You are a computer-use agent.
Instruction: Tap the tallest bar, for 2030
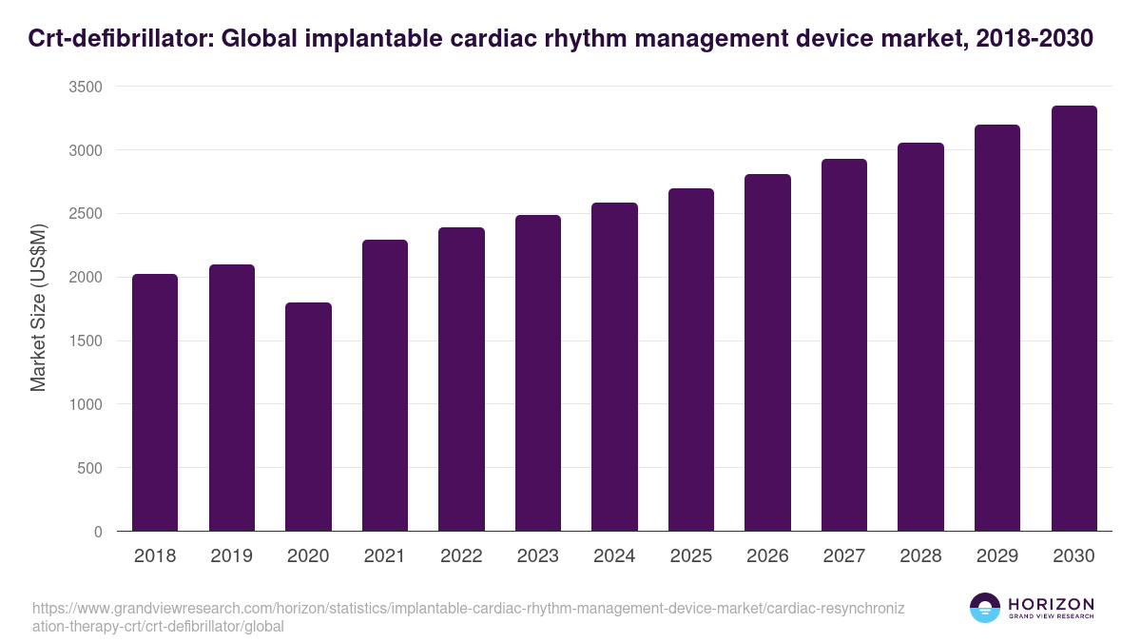1073,319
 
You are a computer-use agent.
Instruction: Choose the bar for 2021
385,385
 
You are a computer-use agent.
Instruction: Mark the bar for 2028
920,337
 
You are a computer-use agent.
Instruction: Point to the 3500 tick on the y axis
86,87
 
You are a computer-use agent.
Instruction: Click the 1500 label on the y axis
86,340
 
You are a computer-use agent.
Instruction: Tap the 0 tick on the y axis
98,532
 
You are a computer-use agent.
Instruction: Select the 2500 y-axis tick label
86,214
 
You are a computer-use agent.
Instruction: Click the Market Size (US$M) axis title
38,309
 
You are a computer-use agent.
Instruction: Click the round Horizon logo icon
984,608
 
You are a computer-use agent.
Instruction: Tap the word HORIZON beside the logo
1051,603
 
